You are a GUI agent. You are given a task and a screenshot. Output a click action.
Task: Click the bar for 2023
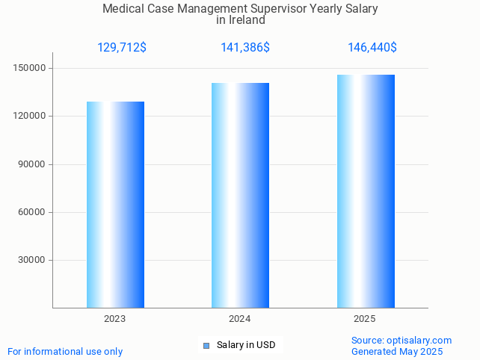pos(115,205)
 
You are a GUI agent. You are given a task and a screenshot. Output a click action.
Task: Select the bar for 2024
pos(240,196)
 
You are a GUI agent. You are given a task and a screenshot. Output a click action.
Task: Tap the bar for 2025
pos(366,191)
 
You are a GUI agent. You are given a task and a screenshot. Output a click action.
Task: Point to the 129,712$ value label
pos(121,48)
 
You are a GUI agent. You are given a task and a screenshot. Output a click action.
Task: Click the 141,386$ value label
pos(244,48)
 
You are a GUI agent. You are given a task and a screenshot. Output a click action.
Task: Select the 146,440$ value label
pos(372,48)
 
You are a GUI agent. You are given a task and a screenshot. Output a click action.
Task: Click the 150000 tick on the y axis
pos(31,69)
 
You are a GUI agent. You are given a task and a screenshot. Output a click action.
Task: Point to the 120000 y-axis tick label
pos(31,117)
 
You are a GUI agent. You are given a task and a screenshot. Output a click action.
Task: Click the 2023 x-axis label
pos(115,319)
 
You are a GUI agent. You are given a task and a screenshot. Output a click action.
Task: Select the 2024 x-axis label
pos(240,319)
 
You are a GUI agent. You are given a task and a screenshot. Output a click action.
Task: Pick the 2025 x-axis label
pos(365,319)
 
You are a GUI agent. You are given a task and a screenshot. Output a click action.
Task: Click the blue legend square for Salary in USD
pos(207,345)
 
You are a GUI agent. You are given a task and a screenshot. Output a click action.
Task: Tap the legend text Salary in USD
pos(246,345)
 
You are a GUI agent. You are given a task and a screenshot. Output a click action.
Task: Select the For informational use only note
pos(65,351)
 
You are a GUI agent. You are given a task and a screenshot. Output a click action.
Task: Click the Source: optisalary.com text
pos(401,341)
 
